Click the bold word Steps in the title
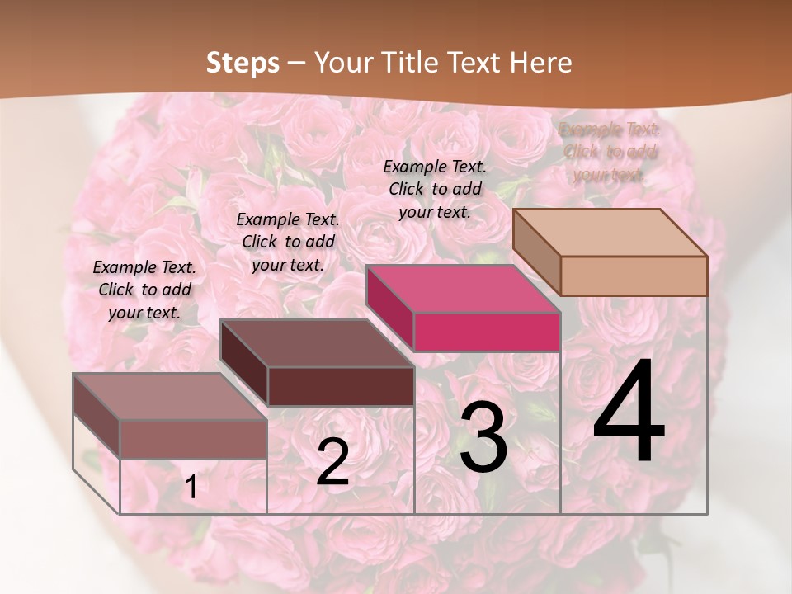(x=243, y=63)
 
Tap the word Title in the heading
(x=410, y=63)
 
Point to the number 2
(x=332, y=463)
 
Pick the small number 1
(x=191, y=488)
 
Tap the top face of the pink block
(x=463, y=289)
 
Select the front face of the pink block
(x=487, y=332)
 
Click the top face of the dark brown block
(x=317, y=343)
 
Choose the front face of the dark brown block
(x=341, y=386)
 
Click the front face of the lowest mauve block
(x=193, y=439)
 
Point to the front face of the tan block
(x=634, y=276)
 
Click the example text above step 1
(x=144, y=290)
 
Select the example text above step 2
(x=288, y=242)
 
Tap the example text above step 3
(x=435, y=189)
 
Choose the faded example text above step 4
(x=610, y=152)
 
